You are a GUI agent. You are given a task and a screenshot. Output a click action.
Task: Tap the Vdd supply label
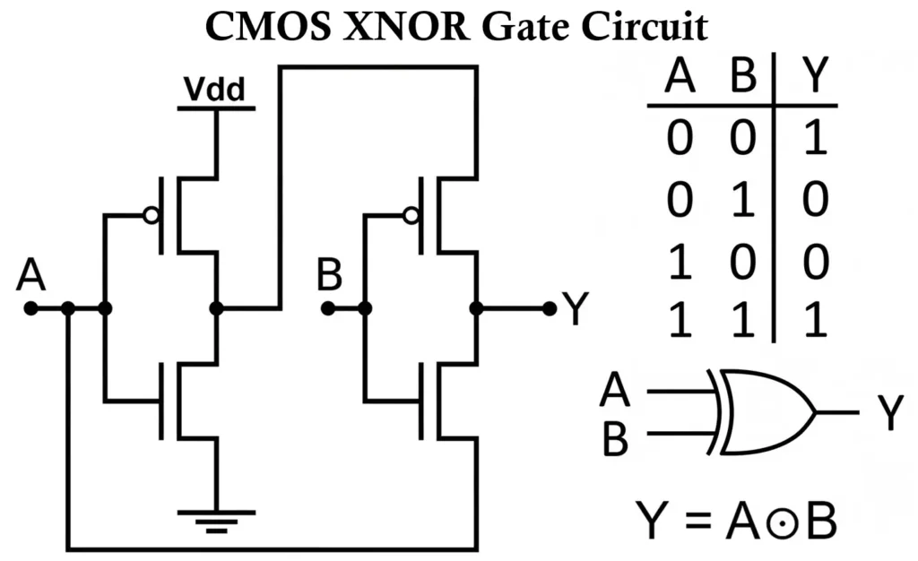click(215, 91)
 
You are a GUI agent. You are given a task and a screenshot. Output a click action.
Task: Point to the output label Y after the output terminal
click(576, 309)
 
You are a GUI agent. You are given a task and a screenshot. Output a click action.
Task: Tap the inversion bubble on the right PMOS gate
click(411, 215)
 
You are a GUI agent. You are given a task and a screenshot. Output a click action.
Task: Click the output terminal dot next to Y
click(550, 308)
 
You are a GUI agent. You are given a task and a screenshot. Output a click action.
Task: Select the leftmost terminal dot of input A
click(30, 308)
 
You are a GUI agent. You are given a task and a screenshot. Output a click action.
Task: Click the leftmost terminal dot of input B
click(328, 308)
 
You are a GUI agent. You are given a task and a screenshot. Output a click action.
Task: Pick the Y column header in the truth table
click(812, 79)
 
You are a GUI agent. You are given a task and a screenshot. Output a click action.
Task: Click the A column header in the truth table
click(680, 79)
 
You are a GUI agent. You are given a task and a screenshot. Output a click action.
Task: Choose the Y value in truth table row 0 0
click(812, 141)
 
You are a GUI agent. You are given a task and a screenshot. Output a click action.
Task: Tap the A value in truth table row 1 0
click(680, 262)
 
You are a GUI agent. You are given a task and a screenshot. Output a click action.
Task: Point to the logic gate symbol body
click(762, 412)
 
